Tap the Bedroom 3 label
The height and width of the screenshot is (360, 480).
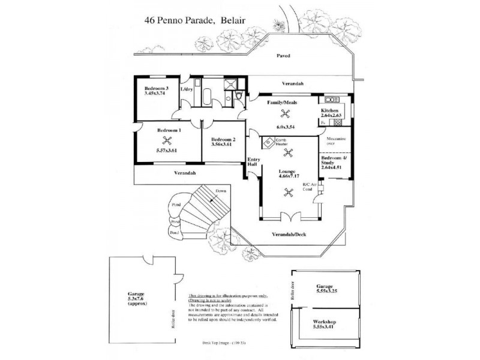point(155,88)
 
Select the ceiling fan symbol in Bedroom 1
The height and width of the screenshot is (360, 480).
point(169,142)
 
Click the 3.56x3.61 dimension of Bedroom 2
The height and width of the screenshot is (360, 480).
point(223,144)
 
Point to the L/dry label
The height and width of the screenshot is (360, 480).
point(187,89)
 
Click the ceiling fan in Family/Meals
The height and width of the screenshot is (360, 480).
point(285,114)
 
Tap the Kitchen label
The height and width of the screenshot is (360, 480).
point(331,111)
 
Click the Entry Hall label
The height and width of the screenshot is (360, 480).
point(253,162)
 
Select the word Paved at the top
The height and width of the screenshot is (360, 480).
point(283,56)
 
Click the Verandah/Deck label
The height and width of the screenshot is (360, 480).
point(289,234)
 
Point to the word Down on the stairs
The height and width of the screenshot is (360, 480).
point(220,191)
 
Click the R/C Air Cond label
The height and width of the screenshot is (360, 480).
point(308,186)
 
